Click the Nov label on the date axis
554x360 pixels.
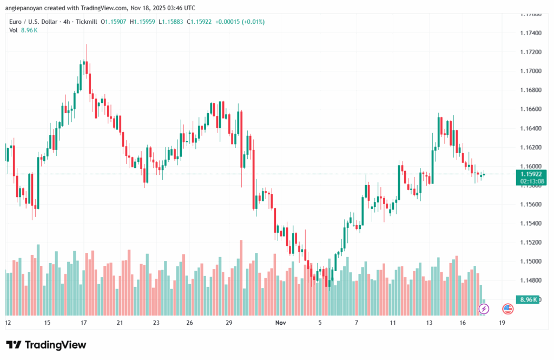[280, 323]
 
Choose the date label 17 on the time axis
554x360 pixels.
[83, 323]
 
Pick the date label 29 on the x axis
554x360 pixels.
[229, 323]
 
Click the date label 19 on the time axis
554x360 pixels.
[502, 323]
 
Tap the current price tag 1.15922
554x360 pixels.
[531, 174]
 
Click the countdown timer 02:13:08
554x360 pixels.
[531, 182]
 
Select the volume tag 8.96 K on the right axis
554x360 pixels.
[528, 299]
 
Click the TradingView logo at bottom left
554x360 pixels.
[46, 345]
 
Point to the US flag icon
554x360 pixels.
[507, 309]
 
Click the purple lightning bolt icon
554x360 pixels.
[484, 309]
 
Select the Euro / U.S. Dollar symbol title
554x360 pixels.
[38, 22]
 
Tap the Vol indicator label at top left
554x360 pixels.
[14, 30]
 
